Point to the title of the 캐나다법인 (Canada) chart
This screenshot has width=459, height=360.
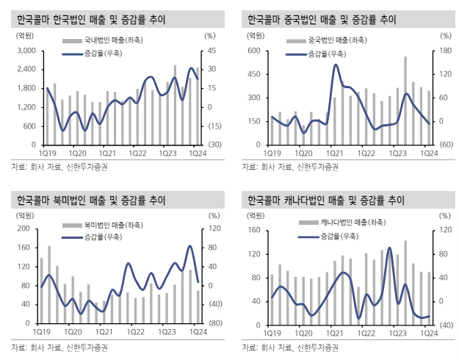point(326,200)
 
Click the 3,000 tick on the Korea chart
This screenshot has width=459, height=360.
point(26,50)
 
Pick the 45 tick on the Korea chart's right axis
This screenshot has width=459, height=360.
point(209,50)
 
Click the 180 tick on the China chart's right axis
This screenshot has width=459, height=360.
point(444,50)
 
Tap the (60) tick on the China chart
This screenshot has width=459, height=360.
point(444,145)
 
